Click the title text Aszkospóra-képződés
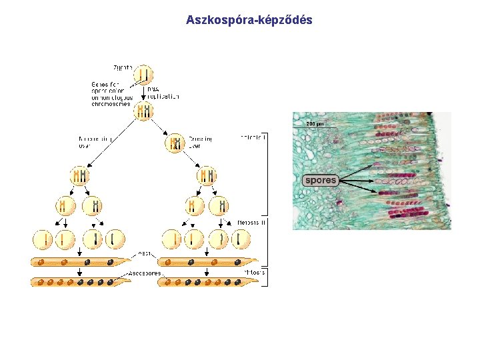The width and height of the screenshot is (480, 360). [x=249, y=21]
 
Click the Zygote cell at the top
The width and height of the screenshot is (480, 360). [x=144, y=73]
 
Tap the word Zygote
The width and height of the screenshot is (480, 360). [x=122, y=68]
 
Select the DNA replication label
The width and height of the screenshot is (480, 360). [x=163, y=93]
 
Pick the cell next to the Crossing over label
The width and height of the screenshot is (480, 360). [x=175, y=143]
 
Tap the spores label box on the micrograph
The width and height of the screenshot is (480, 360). [x=321, y=180]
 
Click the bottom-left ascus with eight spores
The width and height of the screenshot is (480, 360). [x=81, y=282]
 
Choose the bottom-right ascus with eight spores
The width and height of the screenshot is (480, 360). [x=207, y=282]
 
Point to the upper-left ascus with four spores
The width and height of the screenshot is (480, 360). [x=81, y=261]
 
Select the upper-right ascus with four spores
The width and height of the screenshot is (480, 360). [x=207, y=261]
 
